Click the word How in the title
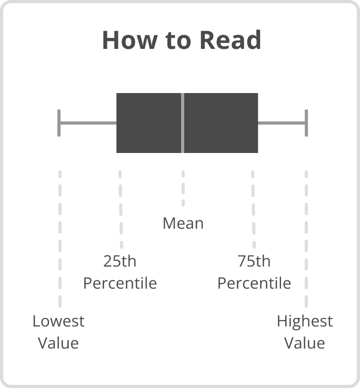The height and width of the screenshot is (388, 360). click(x=130, y=40)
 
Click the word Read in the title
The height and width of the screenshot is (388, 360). click(x=231, y=40)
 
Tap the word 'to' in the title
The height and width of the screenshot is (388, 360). click(x=178, y=41)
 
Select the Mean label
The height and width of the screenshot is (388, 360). click(x=183, y=223)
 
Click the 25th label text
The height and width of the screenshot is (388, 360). click(x=120, y=261)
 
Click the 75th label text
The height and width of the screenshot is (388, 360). click(x=254, y=261)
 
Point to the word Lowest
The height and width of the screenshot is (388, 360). click(x=58, y=321)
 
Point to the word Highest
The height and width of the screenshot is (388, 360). click(x=305, y=322)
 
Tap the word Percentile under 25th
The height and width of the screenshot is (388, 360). click(x=120, y=283)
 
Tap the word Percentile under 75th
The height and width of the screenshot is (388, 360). click(x=254, y=283)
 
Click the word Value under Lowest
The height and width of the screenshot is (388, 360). click(x=58, y=343)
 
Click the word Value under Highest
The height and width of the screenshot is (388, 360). click(x=305, y=343)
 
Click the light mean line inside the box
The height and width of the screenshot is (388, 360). click(x=183, y=123)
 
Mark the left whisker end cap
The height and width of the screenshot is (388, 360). click(x=59, y=123)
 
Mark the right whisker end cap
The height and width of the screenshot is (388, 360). click(x=306, y=123)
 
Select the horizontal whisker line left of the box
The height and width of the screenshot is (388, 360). click(x=88, y=123)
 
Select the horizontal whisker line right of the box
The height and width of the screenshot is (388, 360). click(x=282, y=123)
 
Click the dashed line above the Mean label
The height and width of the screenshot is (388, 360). click(x=183, y=188)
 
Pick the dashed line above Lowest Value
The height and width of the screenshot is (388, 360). click(x=60, y=239)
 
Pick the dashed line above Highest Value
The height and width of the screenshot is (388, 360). click(x=306, y=239)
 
